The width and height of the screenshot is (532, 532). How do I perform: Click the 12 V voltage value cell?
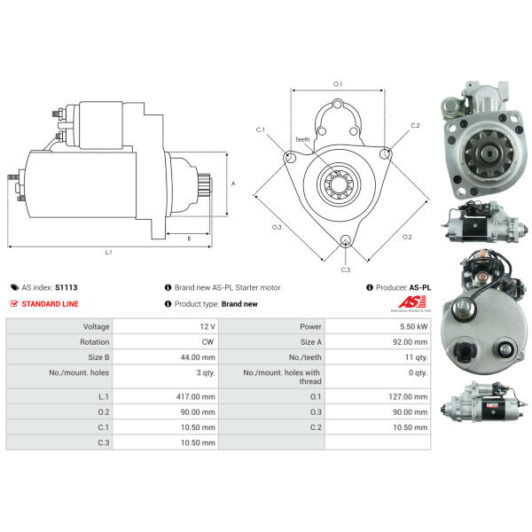[x=207, y=326]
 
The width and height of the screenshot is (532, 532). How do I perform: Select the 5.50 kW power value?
[x=413, y=326]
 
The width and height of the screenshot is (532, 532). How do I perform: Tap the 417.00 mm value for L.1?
[x=195, y=396]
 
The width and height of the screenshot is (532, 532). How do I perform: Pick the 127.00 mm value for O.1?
[x=408, y=396]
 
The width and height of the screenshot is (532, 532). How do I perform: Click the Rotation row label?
[x=95, y=341]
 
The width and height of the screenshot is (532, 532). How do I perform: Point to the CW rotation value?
[x=207, y=341]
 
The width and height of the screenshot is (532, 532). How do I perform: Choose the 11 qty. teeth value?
[x=417, y=357]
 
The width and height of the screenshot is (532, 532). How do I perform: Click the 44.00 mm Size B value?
[x=198, y=357]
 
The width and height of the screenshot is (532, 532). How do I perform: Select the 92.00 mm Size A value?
[x=411, y=341]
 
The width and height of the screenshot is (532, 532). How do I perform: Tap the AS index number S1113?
[x=66, y=287]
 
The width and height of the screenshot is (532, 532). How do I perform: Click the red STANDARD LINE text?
[x=50, y=303]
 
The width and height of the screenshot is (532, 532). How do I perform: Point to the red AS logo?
[x=412, y=301]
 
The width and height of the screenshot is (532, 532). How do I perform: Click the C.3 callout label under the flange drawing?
[x=346, y=270]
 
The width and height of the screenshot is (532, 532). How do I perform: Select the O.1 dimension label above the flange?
[x=338, y=84]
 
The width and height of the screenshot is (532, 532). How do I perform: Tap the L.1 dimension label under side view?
[x=108, y=252]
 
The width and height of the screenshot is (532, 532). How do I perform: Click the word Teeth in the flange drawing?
[x=302, y=139]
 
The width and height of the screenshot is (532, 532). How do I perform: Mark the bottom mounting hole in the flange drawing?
[x=346, y=240]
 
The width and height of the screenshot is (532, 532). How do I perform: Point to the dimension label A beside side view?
[x=233, y=184]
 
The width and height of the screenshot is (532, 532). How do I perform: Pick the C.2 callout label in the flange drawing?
[x=415, y=125]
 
